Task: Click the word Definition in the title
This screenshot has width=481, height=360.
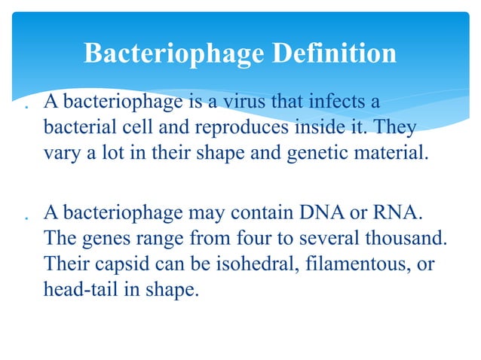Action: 332,53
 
